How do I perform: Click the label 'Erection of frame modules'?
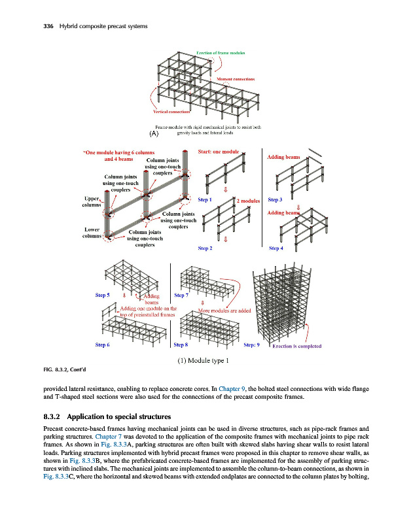click(x=221, y=52)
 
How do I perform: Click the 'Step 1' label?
click(x=205, y=199)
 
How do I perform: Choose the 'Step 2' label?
click(x=205, y=248)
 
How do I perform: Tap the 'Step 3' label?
click(x=276, y=199)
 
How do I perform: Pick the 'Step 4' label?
click(x=276, y=248)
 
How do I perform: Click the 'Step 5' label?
click(x=103, y=295)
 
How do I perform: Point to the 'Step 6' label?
click(x=103, y=344)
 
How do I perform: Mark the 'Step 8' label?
click(x=182, y=344)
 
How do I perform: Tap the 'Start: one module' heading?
click(x=219, y=152)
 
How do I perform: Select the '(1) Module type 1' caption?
click(x=204, y=362)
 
